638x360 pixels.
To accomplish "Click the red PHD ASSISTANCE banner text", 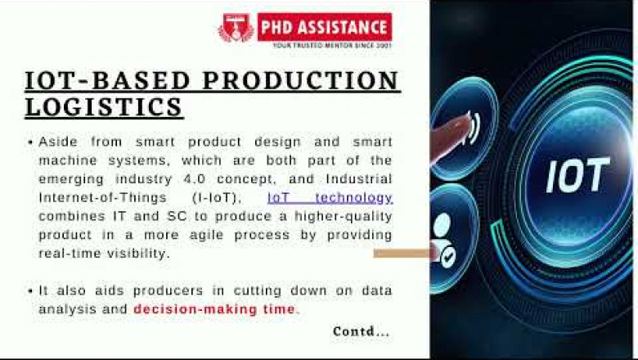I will click(324, 25).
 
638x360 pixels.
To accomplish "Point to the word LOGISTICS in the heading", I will click(104, 106).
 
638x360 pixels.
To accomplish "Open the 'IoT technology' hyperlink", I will click(330, 198).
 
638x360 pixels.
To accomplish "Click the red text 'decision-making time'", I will click(214, 308).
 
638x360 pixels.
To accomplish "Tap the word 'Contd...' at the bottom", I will click(361, 331).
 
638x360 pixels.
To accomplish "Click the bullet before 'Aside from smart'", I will click(29, 142).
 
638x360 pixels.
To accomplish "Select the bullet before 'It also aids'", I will click(29, 291).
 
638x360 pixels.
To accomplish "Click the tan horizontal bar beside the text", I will click(402, 253).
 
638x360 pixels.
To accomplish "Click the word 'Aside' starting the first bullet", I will click(56, 142).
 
